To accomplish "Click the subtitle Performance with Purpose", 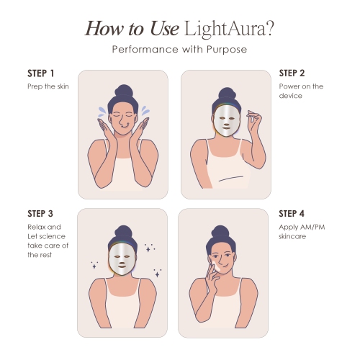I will [180, 49].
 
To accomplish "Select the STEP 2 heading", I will [292, 74].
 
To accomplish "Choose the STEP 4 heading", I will [292, 214].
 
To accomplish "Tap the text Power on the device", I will [301, 91].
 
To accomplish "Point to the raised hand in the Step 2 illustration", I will [253, 119].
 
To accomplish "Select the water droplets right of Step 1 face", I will [146, 111].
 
